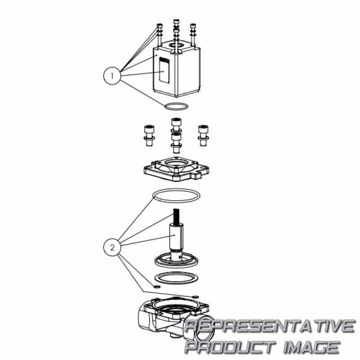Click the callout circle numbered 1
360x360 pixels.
112,76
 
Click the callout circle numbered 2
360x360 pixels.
112,247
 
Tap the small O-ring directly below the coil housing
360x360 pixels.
176,107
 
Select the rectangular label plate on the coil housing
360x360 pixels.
164,70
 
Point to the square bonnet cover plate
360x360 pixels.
176,169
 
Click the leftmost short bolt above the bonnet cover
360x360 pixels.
149,135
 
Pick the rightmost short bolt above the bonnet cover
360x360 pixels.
203,135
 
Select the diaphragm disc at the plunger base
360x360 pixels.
176,261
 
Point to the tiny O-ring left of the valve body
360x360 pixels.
157,287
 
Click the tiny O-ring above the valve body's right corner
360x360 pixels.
196,297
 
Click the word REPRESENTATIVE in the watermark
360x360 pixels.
270,326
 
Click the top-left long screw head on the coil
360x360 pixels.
159,26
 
